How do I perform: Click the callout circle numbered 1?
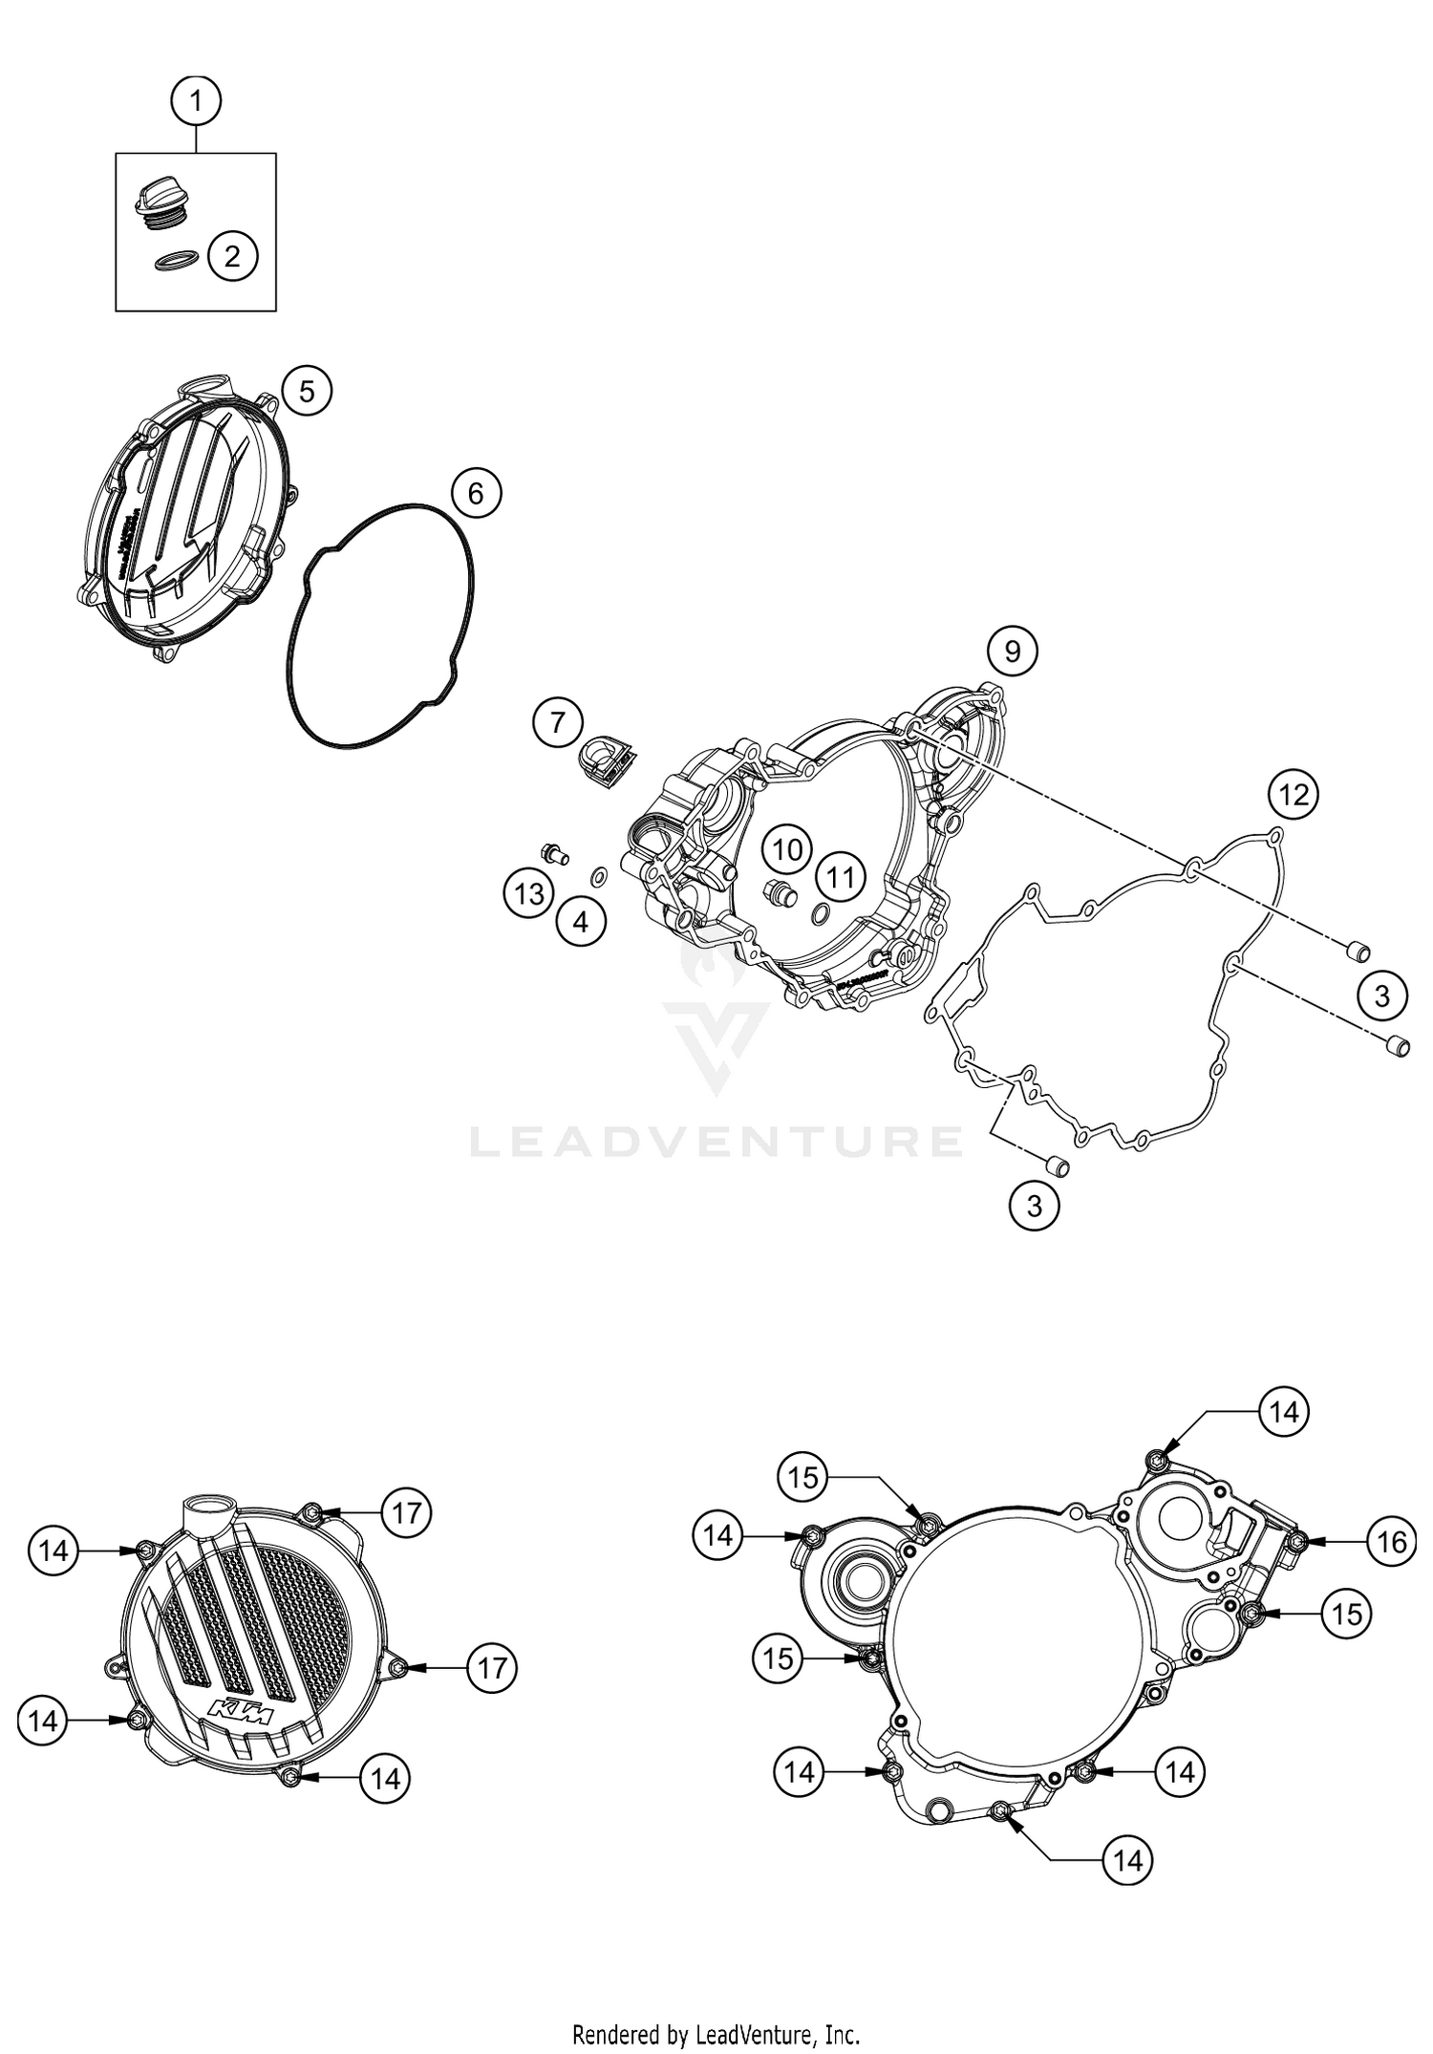pyautogui.click(x=196, y=99)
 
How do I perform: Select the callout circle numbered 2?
pyautogui.click(x=232, y=256)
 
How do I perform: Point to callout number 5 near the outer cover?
pyautogui.click(x=306, y=391)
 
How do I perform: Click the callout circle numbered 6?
pyautogui.click(x=476, y=493)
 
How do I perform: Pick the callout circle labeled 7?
pyautogui.click(x=558, y=722)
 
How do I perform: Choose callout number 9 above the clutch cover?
pyautogui.click(x=1012, y=651)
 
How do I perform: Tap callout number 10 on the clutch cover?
pyautogui.click(x=787, y=848)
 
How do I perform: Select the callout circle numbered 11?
pyautogui.click(x=840, y=877)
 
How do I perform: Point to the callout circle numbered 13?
pyautogui.click(x=529, y=894)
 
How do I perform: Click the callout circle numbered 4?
pyautogui.click(x=581, y=922)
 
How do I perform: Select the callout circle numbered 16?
pyautogui.click(x=1391, y=1541)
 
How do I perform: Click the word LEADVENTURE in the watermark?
pyautogui.click(x=716, y=1142)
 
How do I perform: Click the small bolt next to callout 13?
pyautogui.click(x=553, y=852)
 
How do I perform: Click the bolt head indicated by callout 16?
pyautogui.click(x=1296, y=1541)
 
